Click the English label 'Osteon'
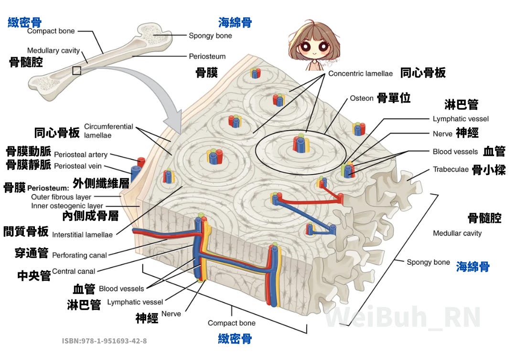coord(361,98)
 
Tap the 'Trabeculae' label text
coord(451,169)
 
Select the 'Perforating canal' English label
coord(79,255)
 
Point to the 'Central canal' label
coord(74,271)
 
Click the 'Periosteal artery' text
coord(81,155)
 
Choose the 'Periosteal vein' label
coord(78,166)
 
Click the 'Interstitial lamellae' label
coord(82,235)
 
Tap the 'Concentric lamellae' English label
coord(360,73)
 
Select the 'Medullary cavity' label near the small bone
coord(54,51)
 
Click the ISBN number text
coord(104,341)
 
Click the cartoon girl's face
coord(314,45)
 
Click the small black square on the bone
coord(76,71)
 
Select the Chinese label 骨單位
coord(394,98)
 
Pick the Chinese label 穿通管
coord(32,253)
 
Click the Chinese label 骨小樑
coord(489,170)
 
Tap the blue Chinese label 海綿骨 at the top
coord(235,22)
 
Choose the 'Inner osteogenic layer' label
coord(67,206)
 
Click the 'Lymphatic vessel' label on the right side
coord(461,119)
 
